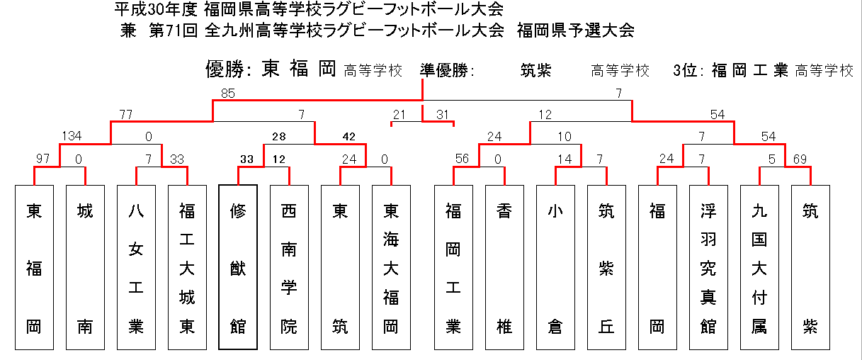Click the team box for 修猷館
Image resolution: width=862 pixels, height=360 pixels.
click(x=238, y=267)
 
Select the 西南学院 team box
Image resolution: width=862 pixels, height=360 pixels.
click(x=289, y=267)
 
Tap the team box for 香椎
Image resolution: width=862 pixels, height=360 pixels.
click(x=504, y=267)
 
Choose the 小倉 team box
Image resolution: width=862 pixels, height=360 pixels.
click(x=556, y=267)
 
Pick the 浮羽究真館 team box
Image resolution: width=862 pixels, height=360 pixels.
click(x=708, y=267)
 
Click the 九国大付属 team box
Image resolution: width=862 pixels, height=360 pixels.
click(x=759, y=267)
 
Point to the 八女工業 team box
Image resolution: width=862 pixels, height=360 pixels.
click(x=136, y=267)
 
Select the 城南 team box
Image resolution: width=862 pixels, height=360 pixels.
click(x=85, y=267)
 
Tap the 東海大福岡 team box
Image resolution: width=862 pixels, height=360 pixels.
click(x=392, y=267)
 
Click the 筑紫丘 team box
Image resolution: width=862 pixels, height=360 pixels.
click(x=606, y=267)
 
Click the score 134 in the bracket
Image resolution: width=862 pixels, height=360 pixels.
click(x=72, y=136)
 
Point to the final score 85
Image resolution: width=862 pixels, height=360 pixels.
click(x=228, y=93)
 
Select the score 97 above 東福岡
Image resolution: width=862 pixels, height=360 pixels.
click(x=42, y=159)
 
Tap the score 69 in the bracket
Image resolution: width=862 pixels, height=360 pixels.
click(x=800, y=159)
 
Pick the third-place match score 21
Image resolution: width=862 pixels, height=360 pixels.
click(x=399, y=114)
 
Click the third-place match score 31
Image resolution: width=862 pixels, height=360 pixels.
click(x=443, y=114)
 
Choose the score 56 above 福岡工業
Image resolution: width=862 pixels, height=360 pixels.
click(x=462, y=159)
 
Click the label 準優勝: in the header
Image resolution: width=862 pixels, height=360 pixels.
click(x=447, y=70)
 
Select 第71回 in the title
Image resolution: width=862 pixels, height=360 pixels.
click(x=173, y=30)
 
